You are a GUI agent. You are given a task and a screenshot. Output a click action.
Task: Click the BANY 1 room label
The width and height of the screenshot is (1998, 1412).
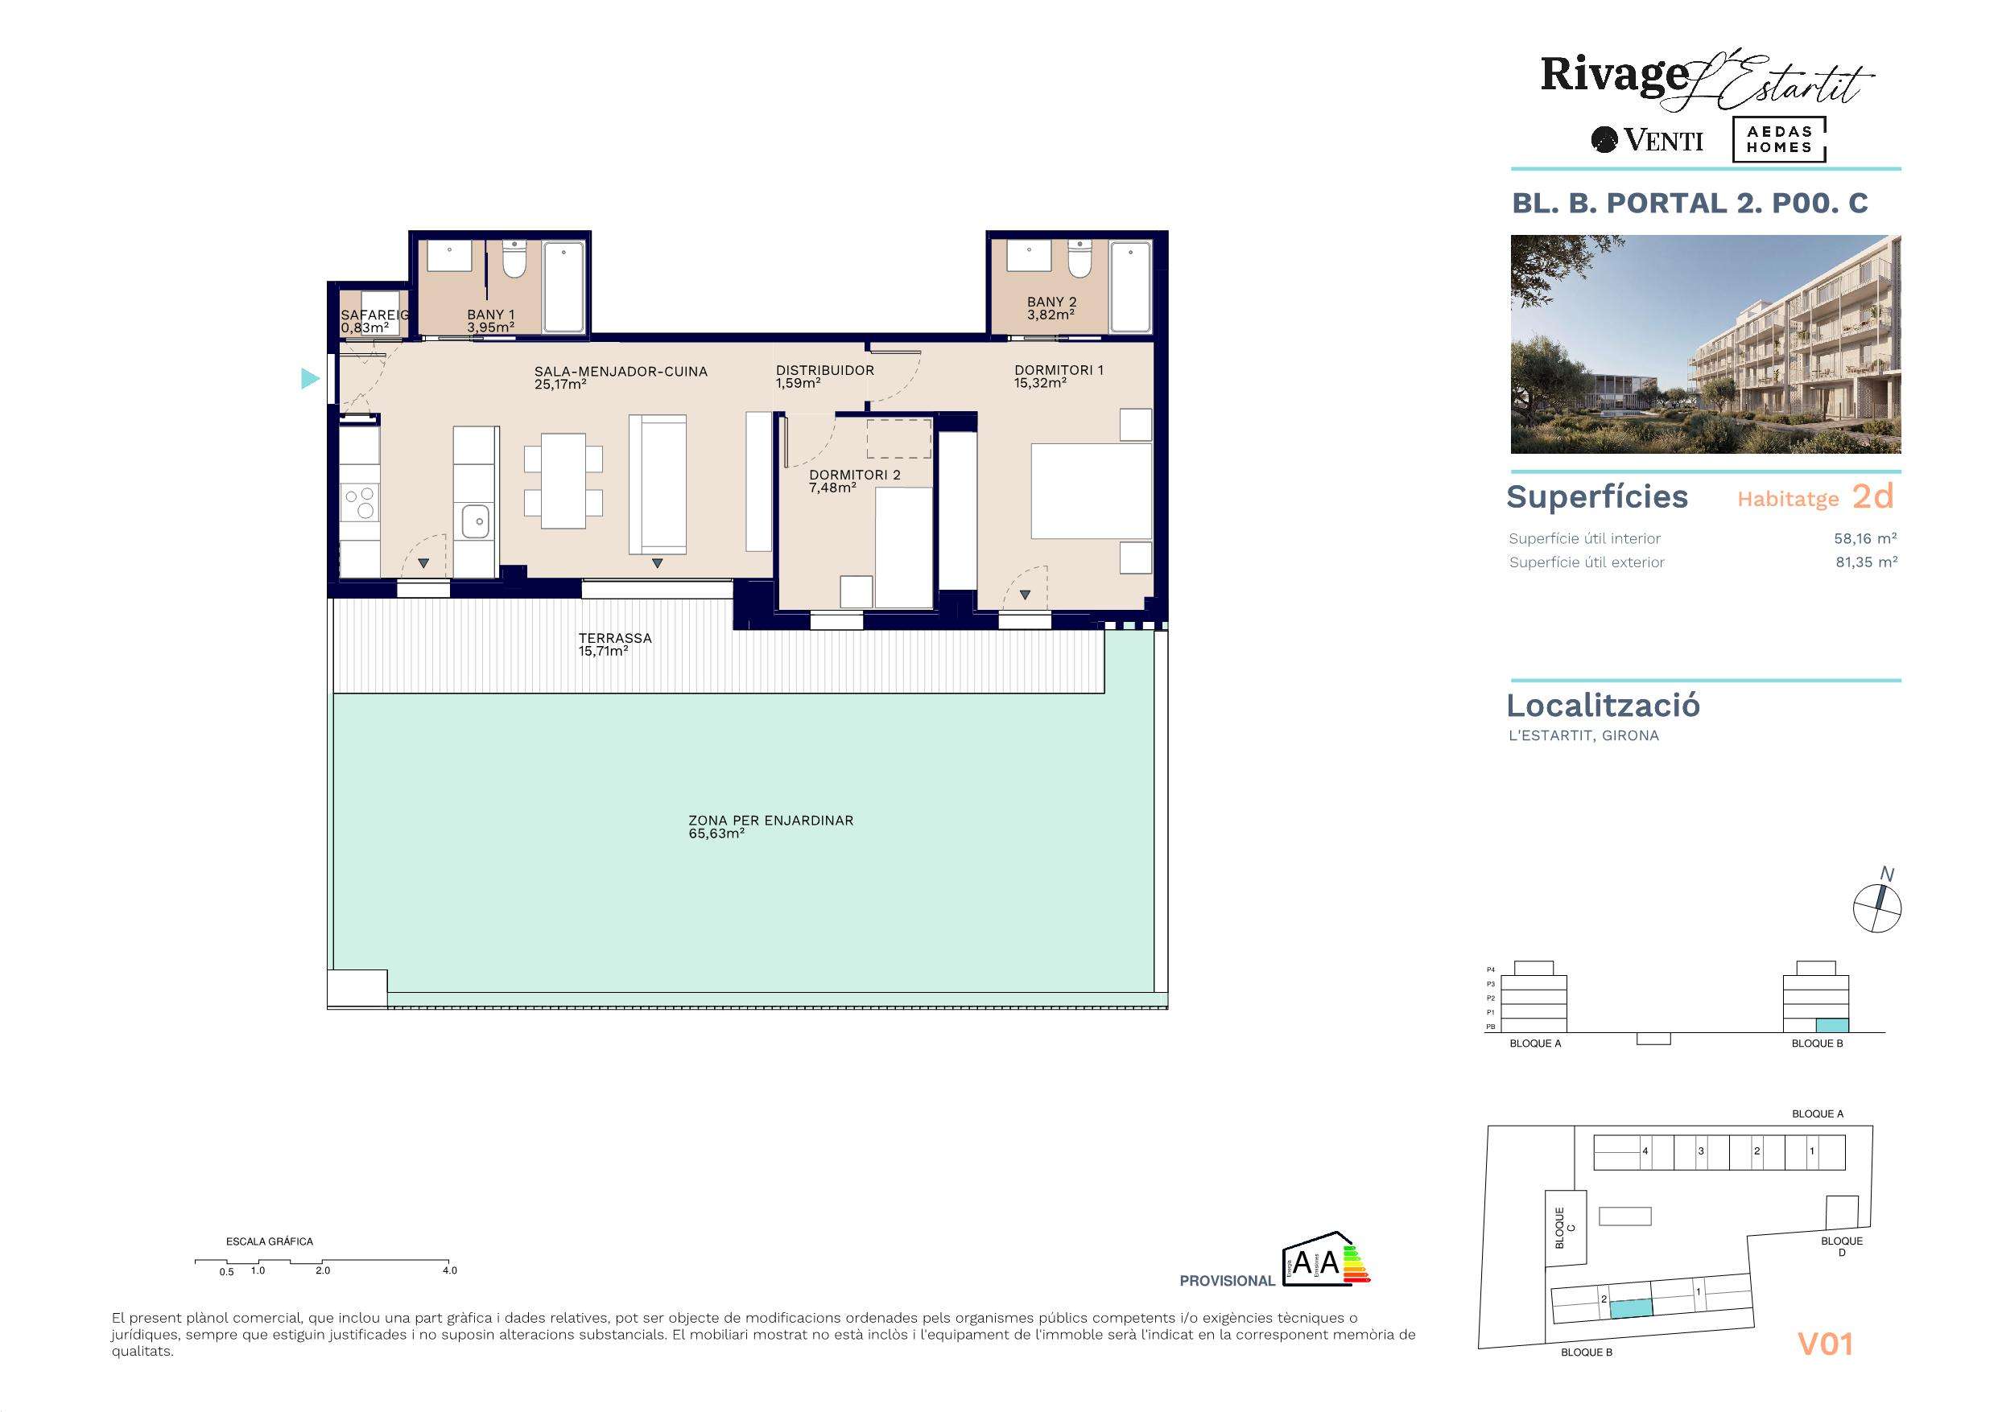coord(491,315)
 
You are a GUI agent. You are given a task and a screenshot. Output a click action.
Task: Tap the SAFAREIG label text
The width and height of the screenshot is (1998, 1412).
coord(375,315)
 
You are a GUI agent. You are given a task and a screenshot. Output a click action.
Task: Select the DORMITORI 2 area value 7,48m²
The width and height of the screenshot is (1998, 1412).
coord(833,488)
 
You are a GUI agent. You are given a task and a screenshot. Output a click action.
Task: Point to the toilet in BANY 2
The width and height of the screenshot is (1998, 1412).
coord(1079,259)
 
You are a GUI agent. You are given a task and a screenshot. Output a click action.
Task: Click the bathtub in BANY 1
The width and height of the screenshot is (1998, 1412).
coord(565,287)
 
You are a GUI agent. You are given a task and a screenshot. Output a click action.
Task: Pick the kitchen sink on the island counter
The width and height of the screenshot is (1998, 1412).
coord(475,522)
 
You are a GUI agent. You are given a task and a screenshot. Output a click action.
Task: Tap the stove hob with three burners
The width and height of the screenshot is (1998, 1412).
coord(359,503)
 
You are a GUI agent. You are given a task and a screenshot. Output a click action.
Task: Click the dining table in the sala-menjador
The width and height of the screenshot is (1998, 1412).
coord(563,481)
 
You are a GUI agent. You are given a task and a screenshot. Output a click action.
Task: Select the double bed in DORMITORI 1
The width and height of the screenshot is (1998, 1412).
coord(1092,492)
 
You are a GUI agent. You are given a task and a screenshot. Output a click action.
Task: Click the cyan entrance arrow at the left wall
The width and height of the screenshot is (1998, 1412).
coord(310,378)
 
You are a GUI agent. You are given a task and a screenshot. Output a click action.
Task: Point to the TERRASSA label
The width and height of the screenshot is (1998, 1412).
coord(614,638)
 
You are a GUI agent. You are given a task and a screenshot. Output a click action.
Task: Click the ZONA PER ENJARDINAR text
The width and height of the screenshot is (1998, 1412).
coord(770,820)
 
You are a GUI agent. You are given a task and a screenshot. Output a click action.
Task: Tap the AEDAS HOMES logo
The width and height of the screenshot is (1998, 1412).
coord(1779,140)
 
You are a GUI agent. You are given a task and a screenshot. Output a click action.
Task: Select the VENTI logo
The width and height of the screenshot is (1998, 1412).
coord(1647,140)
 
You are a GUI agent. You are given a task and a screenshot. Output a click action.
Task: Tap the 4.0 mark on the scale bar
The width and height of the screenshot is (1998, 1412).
coord(449,1270)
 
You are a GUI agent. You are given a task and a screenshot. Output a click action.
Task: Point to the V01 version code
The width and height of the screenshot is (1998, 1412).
coord(1825,1344)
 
